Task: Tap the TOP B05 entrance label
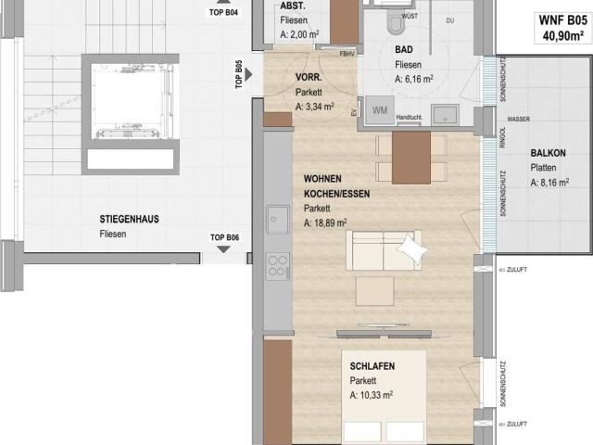pyautogui.click(x=239, y=72)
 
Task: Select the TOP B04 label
pyautogui.click(x=224, y=13)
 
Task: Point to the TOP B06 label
pyautogui.click(x=225, y=237)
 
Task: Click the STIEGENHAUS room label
pyautogui.click(x=129, y=220)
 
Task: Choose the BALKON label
pyautogui.click(x=548, y=153)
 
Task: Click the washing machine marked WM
pyautogui.click(x=380, y=109)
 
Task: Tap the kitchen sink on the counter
pyautogui.click(x=278, y=221)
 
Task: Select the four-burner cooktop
pyautogui.click(x=278, y=266)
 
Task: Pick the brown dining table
pyautogui.click(x=410, y=158)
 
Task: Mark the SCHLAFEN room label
pyautogui.click(x=372, y=366)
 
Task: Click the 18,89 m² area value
pyautogui.click(x=325, y=223)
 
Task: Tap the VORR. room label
pyautogui.click(x=309, y=78)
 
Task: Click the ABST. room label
pyautogui.click(x=293, y=6)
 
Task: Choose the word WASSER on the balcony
pyautogui.click(x=519, y=120)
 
